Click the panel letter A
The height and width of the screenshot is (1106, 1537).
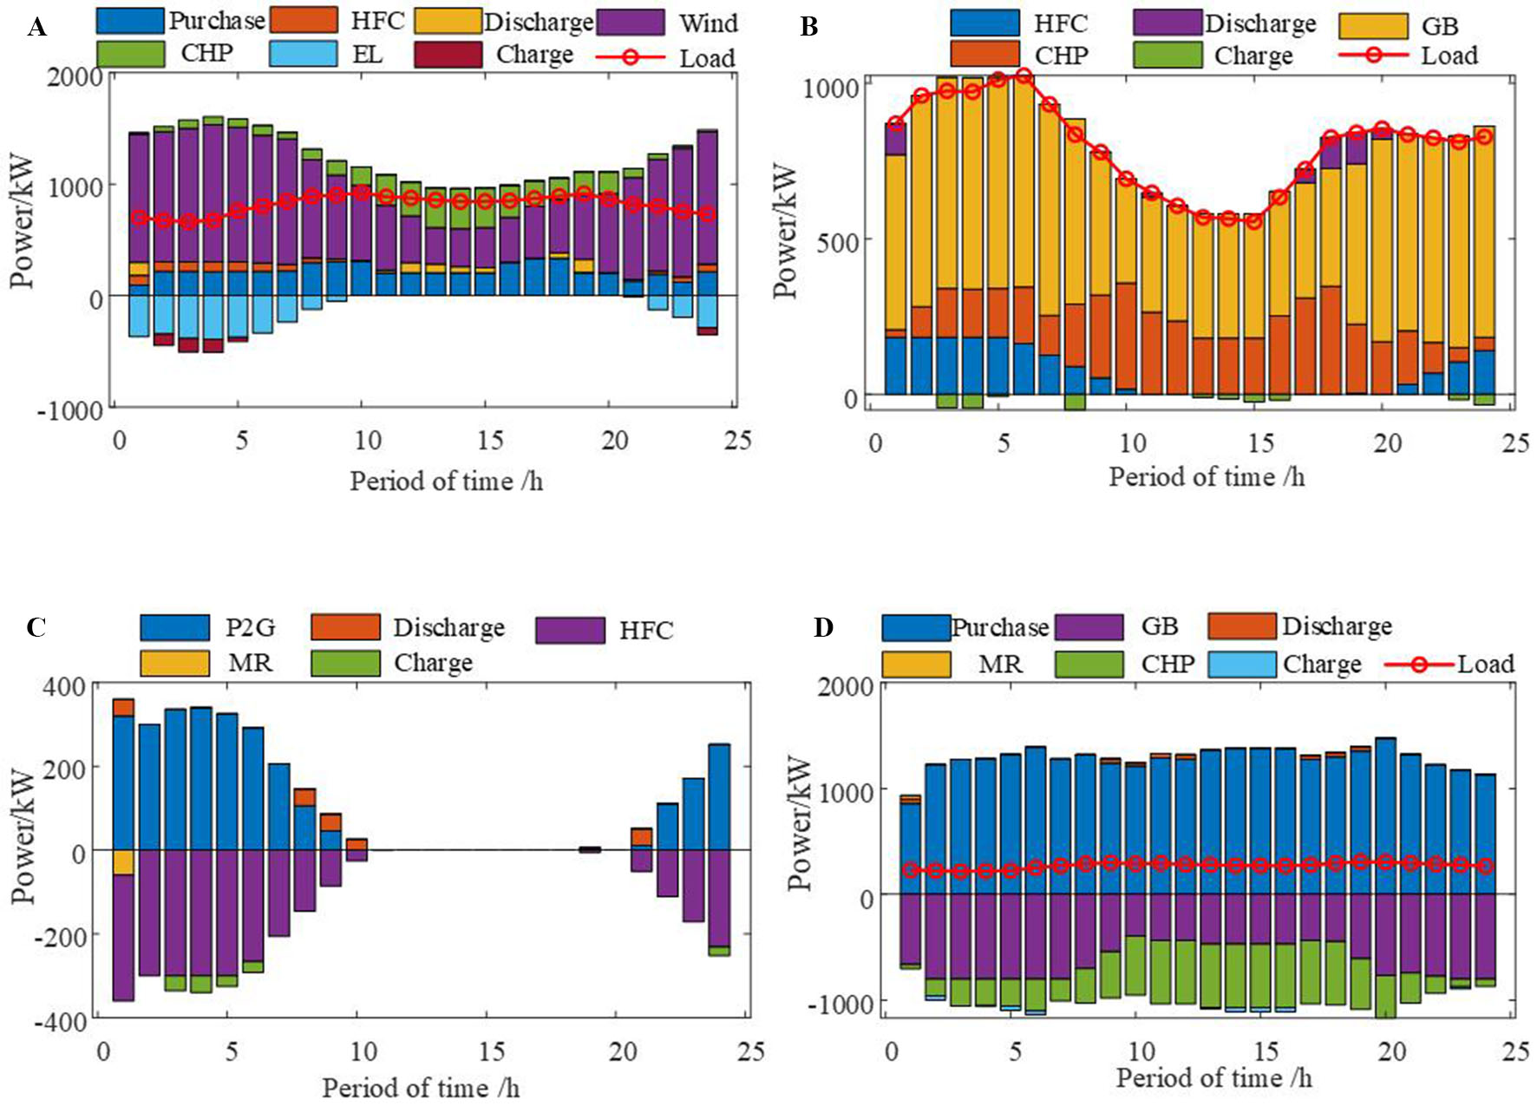pos(36,28)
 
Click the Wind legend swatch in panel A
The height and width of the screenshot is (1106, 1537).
pos(631,22)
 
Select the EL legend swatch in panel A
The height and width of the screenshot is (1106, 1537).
pos(303,54)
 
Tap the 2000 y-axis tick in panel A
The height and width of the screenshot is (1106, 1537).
pos(75,76)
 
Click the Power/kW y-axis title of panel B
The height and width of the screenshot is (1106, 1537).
pos(785,231)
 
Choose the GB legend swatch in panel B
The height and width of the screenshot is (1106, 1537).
pos(1373,26)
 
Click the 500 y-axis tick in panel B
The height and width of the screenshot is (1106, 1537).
pos(837,241)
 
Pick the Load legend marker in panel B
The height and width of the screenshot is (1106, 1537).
pos(1373,55)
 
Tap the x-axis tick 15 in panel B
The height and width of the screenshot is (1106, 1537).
pos(1259,443)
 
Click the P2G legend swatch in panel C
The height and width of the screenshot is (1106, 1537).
pos(174,627)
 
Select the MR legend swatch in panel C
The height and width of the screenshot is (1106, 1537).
pos(174,663)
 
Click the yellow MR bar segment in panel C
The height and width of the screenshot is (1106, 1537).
pos(123,862)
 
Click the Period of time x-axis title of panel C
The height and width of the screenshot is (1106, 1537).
pos(421,1087)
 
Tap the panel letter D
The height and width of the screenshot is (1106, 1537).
pos(823,627)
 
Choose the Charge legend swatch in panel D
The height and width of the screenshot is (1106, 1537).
pos(1241,664)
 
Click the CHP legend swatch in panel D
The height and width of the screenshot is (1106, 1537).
pos(1089,664)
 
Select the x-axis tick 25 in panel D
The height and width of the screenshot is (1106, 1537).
pos(1514,1050)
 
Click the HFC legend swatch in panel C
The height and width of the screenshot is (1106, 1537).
pos(570,630)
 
